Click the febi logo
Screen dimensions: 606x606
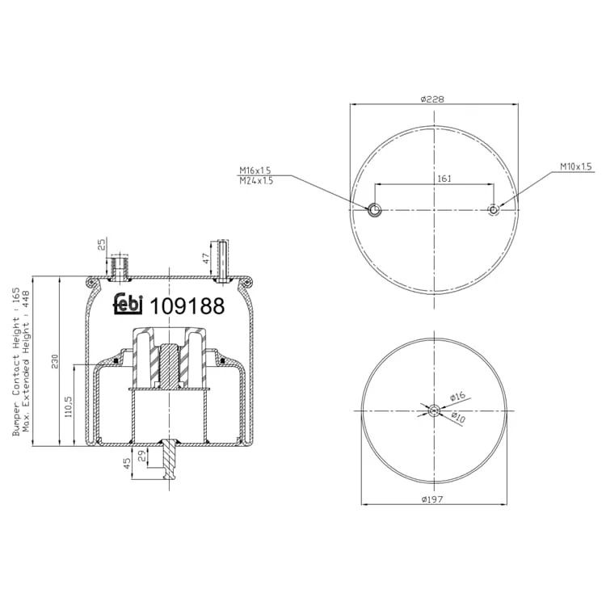point(128,303)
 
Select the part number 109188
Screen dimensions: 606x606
point(187,306)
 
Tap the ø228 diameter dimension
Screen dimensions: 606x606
point(432,99)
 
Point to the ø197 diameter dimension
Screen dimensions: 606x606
point(432,499)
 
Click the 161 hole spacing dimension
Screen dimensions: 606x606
point(444,179)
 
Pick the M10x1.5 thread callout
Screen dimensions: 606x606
point(576,166)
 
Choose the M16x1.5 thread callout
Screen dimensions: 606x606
point(255,170)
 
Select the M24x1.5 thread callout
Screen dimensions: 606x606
point(256,180)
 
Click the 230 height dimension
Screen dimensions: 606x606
point(54,361)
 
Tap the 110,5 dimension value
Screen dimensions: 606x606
point(69,406)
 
